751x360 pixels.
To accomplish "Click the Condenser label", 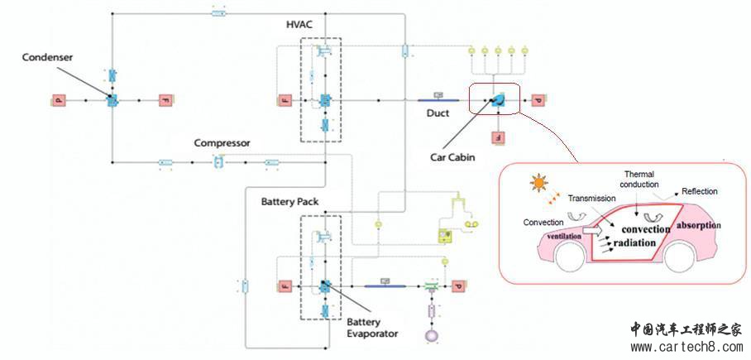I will pyautogui.click(x=49, y=56).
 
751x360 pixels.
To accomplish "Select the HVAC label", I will pyautogui.click(x=300, y=24).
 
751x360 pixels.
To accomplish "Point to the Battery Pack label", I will pyautogui.click(x=289, y=202).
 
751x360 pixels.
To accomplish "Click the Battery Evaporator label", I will pyautogui.click(x=372, y=327).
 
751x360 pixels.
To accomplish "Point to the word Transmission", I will pyautogui.click(x=592, y=199).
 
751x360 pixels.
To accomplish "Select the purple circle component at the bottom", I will pyautogui.click(x=430, y=337).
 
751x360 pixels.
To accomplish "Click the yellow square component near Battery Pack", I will pyautogui.click(x=448, y=236).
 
